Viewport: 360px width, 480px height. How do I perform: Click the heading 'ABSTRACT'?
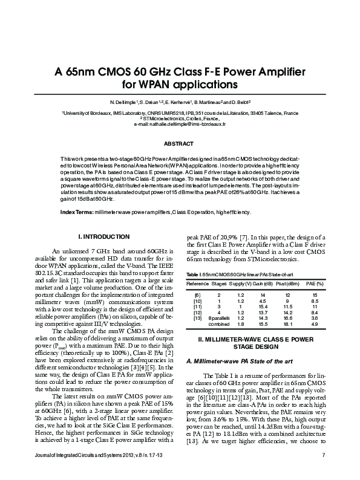pyautogui.click(x=180, y=144)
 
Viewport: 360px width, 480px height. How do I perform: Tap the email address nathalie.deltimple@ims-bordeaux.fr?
pyautogui.click(x=180, y=123)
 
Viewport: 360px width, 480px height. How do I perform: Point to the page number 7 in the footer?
pyautogui.click(x=324, y=472)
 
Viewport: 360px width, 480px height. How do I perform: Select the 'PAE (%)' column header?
pyautogui.click(x=315, y=283)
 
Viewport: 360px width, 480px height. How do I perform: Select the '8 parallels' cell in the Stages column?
pyautogui.click(x=219, y=318)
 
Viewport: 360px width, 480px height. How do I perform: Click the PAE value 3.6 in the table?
pyautogui.click(x=315, y=318)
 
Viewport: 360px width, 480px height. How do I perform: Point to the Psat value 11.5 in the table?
pyautogui.click(x=288, y=306)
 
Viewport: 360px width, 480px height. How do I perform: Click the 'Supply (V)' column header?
pyautogui.click(x=240, y=283)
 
